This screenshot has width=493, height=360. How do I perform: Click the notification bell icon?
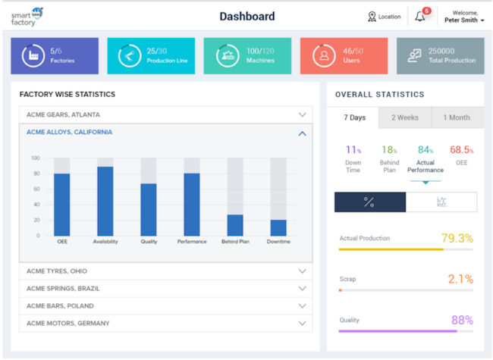419,17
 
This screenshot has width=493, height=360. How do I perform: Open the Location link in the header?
384,17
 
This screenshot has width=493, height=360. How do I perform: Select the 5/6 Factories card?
55,55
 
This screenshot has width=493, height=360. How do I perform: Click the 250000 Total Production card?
440,55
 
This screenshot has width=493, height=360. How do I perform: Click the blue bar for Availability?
105,202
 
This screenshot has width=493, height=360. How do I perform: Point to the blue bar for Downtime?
278,227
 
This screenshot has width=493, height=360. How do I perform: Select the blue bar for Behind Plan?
235,225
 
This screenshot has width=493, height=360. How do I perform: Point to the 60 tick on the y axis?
35,189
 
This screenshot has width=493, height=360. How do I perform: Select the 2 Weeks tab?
404,117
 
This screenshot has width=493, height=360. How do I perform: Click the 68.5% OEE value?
461,150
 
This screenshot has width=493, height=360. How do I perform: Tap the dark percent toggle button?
370,202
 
